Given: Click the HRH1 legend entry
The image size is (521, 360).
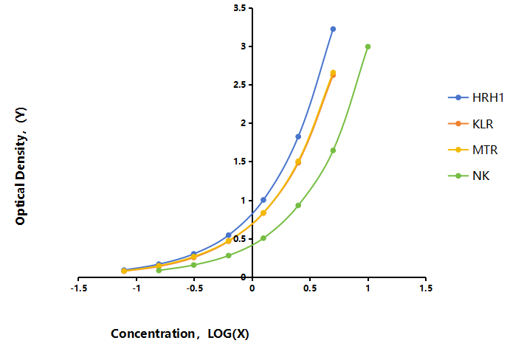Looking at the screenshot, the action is [x=476, y=97].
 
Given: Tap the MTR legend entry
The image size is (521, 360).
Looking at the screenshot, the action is [x=473, y=150].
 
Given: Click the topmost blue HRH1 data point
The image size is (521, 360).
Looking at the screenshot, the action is [x=333, y=30].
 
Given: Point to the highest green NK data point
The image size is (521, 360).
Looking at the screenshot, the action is [x=368, y=46].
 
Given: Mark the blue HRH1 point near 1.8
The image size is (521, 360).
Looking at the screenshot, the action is [x=298, y=136].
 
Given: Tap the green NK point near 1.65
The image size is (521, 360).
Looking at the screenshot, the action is [x=333, y=150].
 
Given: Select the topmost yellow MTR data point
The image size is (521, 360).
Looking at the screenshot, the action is [x=333, y=73].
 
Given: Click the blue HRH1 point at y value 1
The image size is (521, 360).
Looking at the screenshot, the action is [x=263, y=200].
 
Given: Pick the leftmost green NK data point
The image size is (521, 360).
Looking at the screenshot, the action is [x=159, y=270].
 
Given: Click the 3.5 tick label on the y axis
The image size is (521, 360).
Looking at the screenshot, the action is [x=240, y=8].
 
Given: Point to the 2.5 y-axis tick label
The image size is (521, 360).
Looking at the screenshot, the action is [x=240, y=85].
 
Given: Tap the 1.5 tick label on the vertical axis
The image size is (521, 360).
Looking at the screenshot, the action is [x=240, y=162].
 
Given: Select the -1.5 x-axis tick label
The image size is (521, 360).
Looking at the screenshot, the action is [x=79, y=288].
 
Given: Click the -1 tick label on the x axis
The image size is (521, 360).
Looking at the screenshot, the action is [x=137, y=288].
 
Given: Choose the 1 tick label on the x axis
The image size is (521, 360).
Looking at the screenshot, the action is [x=368, y=288].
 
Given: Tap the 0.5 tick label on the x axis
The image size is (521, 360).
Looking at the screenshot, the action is [x=310, y=288].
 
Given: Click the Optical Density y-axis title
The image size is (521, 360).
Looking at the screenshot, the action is [x=21, y=166].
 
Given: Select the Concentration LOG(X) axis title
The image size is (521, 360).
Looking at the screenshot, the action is [x=180, y=333].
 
